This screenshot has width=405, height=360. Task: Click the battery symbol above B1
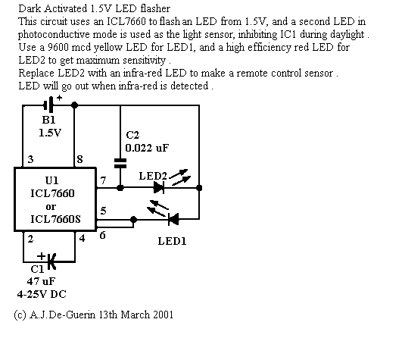[x=48, y=105]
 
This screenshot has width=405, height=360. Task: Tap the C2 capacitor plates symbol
[x=120, y=164]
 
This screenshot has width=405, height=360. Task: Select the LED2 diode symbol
[x=159, y=187]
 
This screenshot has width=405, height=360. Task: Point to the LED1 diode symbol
[x=173, y=219]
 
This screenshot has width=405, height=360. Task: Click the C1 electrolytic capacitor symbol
[x=51, y=261]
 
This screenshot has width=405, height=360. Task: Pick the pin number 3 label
[x=30, y=159]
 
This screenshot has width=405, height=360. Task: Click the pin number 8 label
[x=79, y=159]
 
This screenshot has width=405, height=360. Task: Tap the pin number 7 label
[x=103, y=180]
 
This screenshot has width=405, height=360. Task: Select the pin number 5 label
[x=103, y=211]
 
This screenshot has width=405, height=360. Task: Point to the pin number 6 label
[x=102, y=235]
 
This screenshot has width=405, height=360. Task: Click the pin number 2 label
[x=30, y=239]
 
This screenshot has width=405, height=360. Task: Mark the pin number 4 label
[x=82, y=238]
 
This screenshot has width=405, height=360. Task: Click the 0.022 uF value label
[x=147, y=148]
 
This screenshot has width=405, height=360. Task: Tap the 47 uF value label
[x=41, y=281]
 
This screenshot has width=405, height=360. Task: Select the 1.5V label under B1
[x=50, y=133]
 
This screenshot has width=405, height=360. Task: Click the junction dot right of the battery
[x=74, y=105]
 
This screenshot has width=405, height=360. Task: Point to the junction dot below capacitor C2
[x=120, y=188]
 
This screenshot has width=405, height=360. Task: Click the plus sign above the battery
[x=59, y=98]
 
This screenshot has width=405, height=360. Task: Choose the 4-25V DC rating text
[x=42, y=294]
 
